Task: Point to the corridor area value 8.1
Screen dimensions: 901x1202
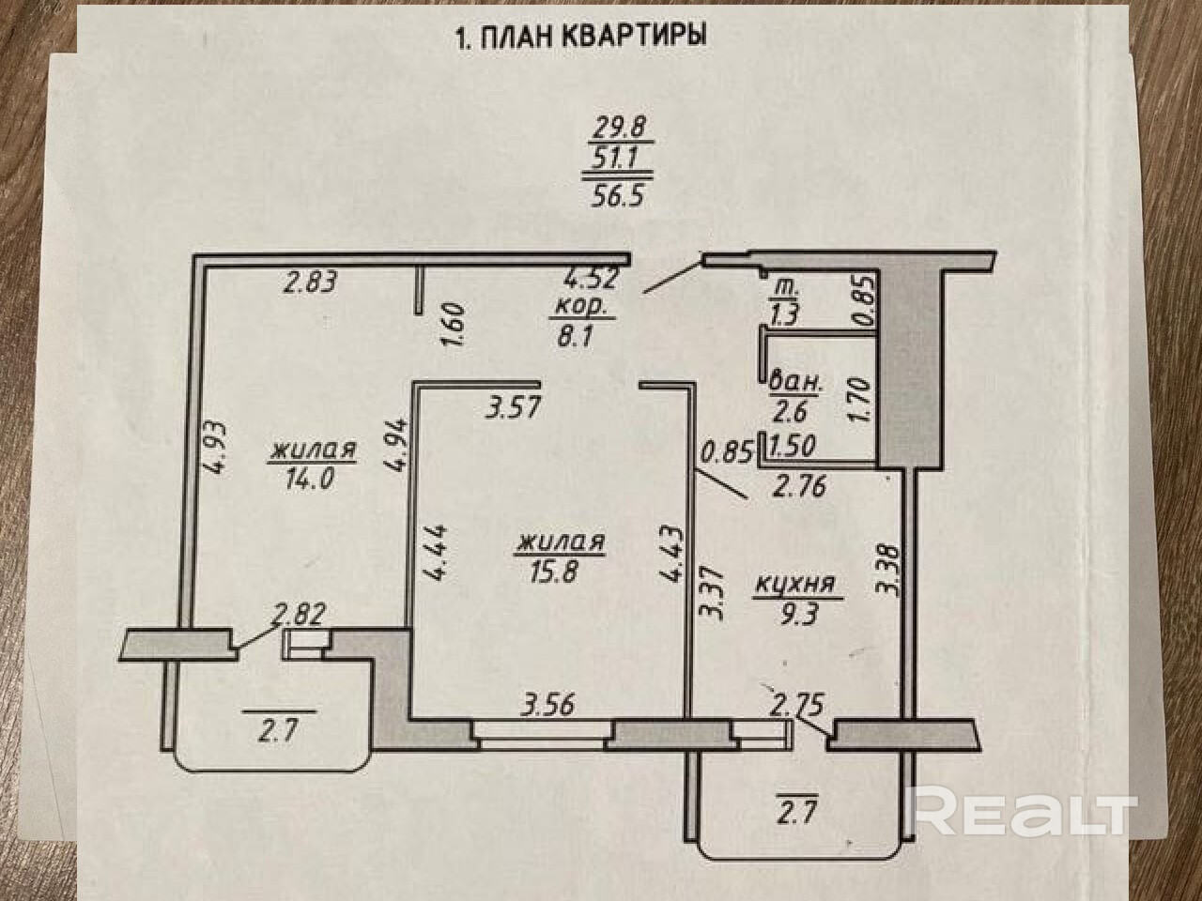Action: (x=570, y=335)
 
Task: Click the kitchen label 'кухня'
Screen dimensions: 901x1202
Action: (x=795, y=586)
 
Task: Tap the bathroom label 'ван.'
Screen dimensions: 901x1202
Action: (x=795, y=381)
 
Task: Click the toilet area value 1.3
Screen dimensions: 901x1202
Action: (x=784, y=315)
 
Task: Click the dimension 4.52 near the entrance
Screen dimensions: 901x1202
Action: (x=589, y=278)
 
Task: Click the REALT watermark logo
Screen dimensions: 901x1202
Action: (x=1025, y=811)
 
